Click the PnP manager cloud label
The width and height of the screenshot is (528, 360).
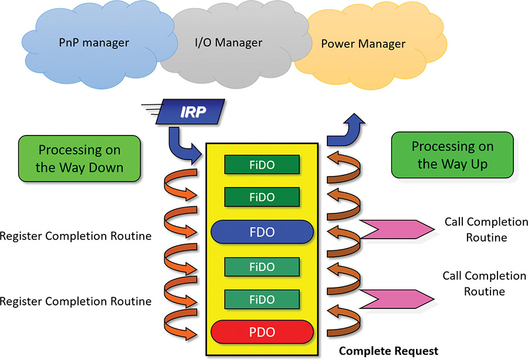(x=94, y=43)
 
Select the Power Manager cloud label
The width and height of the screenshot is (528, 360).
(x=363, y=44)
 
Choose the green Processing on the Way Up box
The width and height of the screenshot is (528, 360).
(x=452, y=155)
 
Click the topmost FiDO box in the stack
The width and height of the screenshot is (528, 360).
(x=262, y=165)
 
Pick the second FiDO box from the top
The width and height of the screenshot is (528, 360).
(x=262, y=196)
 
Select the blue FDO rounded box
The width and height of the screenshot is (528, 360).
(x=262, y=232)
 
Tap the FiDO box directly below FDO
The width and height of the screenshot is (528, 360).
(x=262, y=267)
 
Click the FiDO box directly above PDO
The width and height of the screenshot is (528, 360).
(x=262, y=300)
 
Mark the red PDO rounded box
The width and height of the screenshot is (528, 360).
(x=262, y=332)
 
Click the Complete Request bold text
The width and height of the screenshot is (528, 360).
(x=388, y=351)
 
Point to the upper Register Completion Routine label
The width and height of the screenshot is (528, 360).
(x=76, y=236)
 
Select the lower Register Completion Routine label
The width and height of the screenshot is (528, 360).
(x=76, y=301)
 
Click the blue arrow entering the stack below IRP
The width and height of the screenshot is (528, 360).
(x=182, y=147)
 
